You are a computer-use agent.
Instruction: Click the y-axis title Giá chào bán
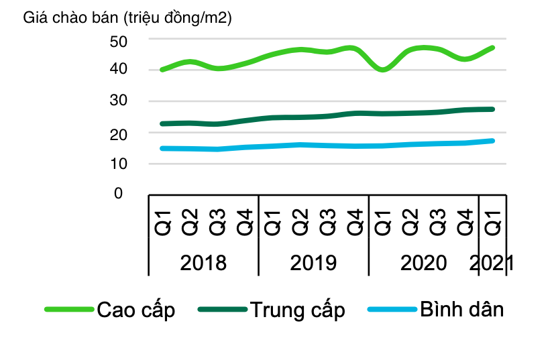127,18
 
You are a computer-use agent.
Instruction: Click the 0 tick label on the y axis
119,194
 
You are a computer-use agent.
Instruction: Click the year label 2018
203,263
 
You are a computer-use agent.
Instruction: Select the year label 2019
313,263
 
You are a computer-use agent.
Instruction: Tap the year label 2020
423,263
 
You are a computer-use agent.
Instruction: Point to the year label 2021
492,263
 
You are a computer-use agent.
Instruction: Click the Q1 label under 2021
493,222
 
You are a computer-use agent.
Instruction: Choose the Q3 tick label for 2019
327,222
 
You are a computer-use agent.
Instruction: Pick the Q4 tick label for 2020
465,222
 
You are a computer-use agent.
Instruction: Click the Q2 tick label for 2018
190,222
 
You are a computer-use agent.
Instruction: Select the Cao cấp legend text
136,310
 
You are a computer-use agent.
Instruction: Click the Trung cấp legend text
298,310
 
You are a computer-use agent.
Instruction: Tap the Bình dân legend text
462,310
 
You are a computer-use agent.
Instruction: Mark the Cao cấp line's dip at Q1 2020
383,69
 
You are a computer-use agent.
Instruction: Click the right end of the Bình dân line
493,141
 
